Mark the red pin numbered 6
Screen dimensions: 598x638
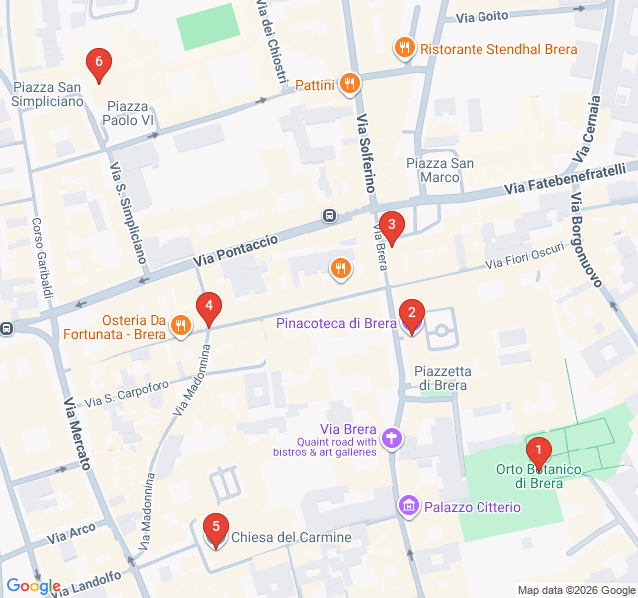click(97, 65)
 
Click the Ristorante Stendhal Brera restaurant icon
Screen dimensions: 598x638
click(404, 47)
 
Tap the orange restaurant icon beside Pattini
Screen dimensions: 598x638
click(349, 85)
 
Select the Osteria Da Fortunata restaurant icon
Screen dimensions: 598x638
click(180, 323)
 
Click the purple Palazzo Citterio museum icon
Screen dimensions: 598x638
click(407, 507)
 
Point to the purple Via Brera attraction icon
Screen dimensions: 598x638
click(393, 437)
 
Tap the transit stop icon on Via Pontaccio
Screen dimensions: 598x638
click(329, 216)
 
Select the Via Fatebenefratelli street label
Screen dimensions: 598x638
click(563, 179)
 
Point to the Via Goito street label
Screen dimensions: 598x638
click(481, 16)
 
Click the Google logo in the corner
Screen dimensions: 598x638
click(33, 586)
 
